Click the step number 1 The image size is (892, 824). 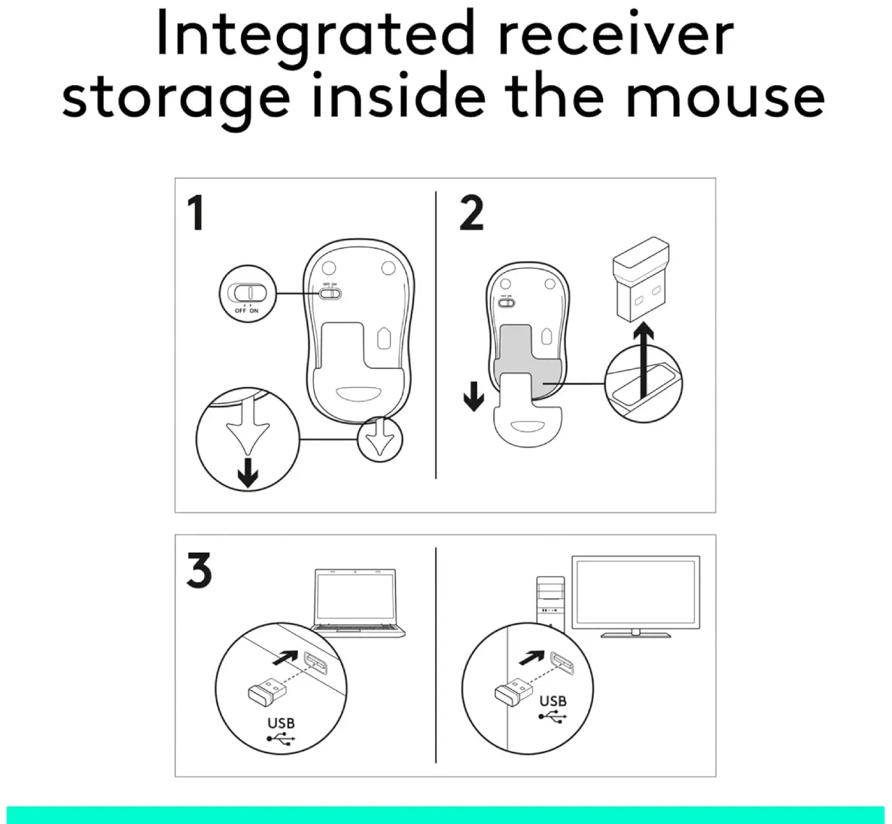[196, 213]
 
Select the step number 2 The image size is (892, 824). [471, 213]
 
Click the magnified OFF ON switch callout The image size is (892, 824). [247, 294]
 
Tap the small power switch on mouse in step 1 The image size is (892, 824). [330, 294]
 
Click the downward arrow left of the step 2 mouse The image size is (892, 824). [473, 396]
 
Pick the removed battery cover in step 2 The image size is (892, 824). [528, 408]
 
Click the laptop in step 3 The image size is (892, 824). [357, 602]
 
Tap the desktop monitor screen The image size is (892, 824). [635, 592]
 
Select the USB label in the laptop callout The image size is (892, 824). [281, 723]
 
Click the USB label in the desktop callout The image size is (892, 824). [553, 701]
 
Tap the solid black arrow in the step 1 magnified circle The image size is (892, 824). [248, 472]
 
